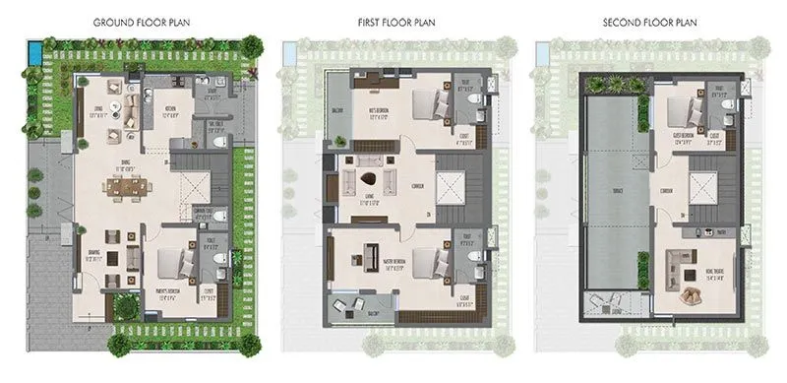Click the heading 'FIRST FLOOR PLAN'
click(x=398, y=21)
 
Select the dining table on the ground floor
click(x=126, y=187)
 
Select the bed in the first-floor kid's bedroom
click(x=424, y=103)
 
